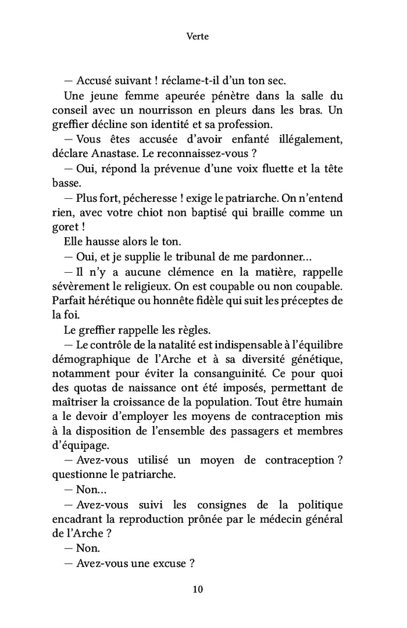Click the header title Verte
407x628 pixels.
click(x=198, y=36)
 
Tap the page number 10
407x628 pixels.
click(x=198, y=589)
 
